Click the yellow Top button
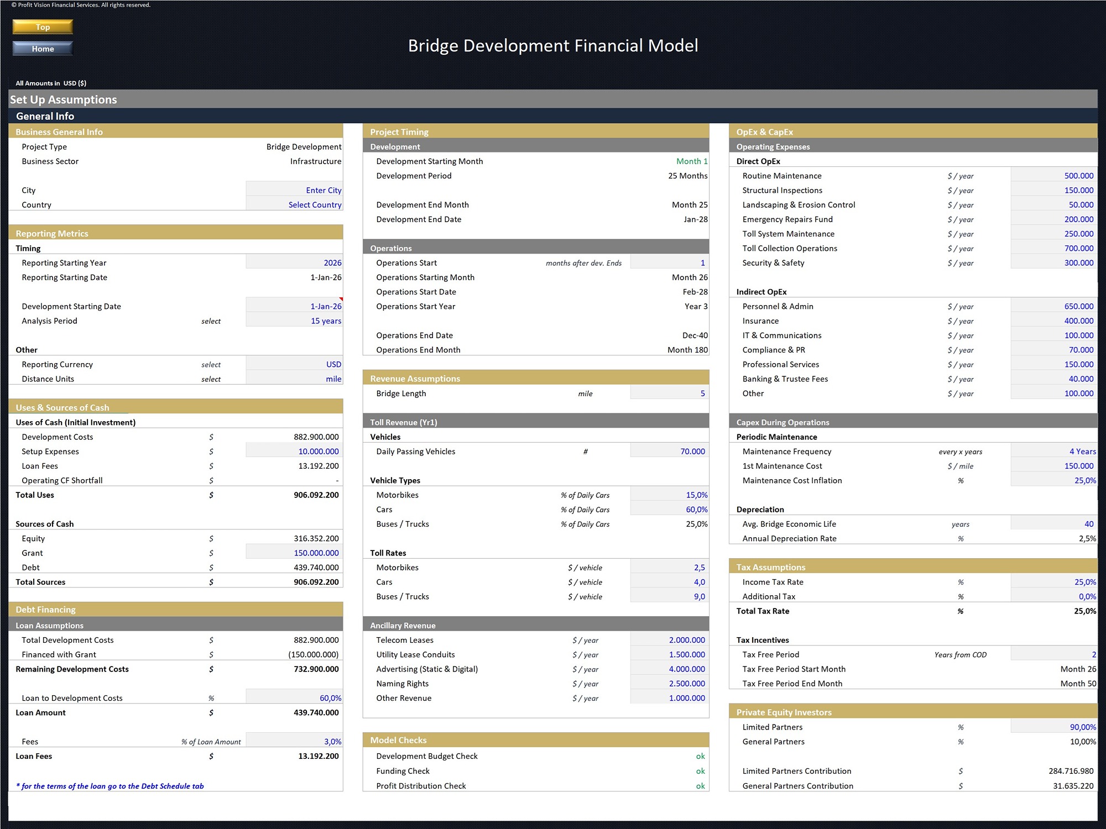click(43, 27)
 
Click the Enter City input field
click(323, 190)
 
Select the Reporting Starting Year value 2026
click(332, 263)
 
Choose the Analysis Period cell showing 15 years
click(325, 321)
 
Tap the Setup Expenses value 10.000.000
click(318, 452)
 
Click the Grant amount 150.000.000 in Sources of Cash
click(316, 553)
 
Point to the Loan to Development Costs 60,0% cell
click(330, 698)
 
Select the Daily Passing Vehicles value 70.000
click(692, 452)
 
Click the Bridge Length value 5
click(702, 393)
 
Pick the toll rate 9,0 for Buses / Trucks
click(699, 596)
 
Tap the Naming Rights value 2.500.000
click(686, 684)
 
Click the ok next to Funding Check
click(700, 771)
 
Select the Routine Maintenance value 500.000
click(1078, 176)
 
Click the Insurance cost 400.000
click(1078, 321)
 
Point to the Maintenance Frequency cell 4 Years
click(1082, 452)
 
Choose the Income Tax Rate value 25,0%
click(1084, 582)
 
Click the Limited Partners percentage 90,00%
click(1082, 727)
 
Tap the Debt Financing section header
click(45, 610)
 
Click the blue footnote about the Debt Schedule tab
click(109, 786)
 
